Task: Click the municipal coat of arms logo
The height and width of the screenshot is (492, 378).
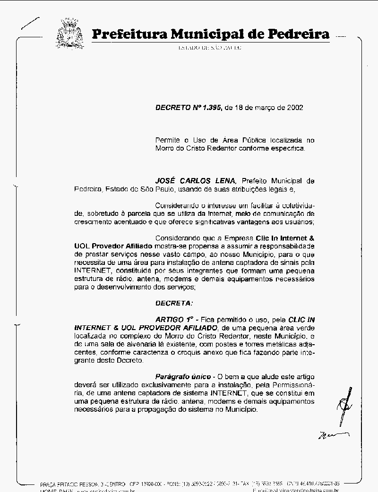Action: (70, 33)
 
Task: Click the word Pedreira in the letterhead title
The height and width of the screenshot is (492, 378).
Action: (299, 34)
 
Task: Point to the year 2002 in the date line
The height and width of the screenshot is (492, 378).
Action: (294, 107)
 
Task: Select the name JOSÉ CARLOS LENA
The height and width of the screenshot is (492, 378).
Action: (196, 181)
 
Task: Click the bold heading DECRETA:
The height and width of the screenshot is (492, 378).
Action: (174, 303)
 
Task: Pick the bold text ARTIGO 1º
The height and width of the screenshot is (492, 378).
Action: (175, 319)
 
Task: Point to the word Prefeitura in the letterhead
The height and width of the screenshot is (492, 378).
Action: (129, 34)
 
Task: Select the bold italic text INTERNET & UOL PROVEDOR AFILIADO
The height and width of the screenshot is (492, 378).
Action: (146, 328)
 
